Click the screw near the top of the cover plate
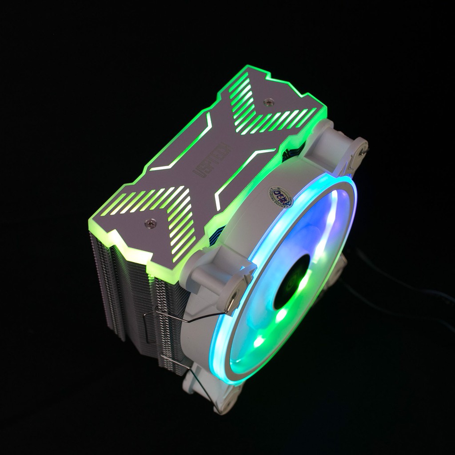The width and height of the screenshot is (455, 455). coord(266,102)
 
